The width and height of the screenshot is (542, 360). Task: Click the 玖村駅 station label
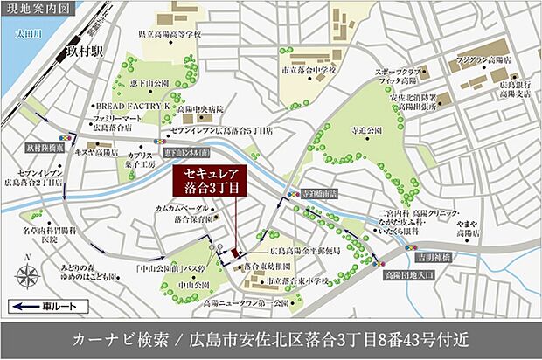coord(83,52)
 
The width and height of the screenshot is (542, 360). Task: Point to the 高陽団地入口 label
coord(411,273)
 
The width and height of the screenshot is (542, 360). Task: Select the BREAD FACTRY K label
coord(131,104)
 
